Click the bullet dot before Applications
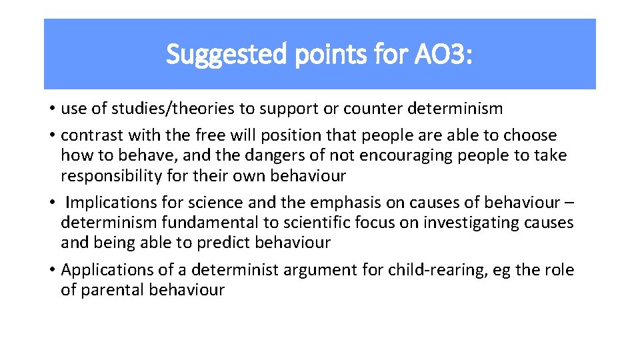coord(52,270)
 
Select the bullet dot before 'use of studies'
coord(52,109)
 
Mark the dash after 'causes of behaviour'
coord(569,203)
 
